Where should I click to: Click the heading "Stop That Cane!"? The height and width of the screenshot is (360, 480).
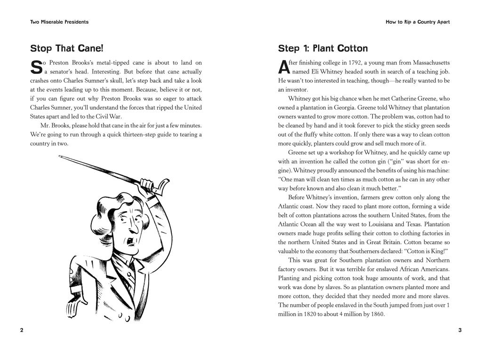tap(66, 48)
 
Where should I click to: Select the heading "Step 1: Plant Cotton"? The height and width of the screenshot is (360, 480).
tap(323, 48)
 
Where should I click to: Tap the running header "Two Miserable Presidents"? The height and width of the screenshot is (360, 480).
tap(59, 22)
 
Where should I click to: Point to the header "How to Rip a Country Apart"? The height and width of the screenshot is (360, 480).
tap(417, 22)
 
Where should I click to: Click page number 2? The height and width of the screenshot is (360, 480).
tap(22, 330)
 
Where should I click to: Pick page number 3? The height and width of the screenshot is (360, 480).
tap(459, 330)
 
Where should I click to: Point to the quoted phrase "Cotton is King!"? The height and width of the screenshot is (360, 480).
tap(424, 251)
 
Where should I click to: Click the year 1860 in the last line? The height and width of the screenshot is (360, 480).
tap(376, 314)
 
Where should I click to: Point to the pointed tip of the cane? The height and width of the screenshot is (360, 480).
tap(60, 157)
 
